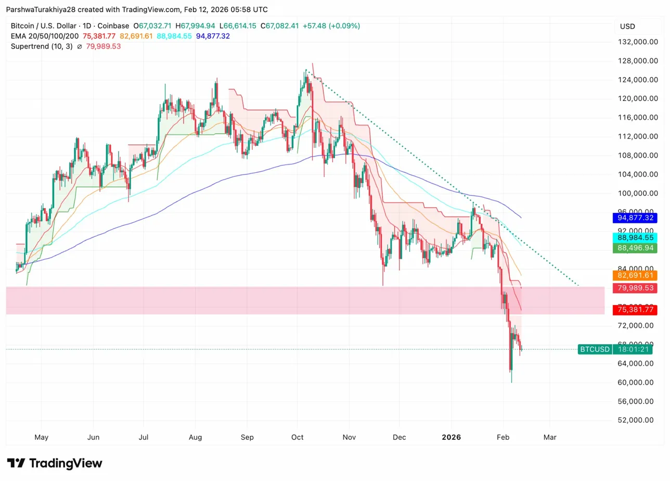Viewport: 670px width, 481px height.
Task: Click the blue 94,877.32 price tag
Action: point(635,218)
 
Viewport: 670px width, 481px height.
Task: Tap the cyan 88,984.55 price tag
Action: point(635,237)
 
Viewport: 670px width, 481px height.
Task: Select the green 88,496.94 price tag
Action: point(635,248)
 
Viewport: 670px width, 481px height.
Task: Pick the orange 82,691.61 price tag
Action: point(635,275)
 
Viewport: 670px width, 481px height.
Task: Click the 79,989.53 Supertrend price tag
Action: point(635,288)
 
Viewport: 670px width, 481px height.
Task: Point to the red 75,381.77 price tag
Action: point(635,310)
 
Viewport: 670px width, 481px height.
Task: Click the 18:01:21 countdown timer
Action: point(634,349)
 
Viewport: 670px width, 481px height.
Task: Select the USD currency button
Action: point(627,27)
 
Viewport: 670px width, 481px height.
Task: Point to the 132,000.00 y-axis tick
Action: point(635,42)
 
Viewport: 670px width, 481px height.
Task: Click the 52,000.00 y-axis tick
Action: point(635,420)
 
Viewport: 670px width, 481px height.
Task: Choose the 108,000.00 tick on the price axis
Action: point(635,155)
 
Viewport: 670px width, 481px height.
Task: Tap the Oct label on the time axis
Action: point(298,437)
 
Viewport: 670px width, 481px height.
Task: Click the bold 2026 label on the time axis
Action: point(451,437)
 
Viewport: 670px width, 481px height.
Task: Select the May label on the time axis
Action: point(41,437)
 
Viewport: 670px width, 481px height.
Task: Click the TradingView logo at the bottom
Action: point(55,463)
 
